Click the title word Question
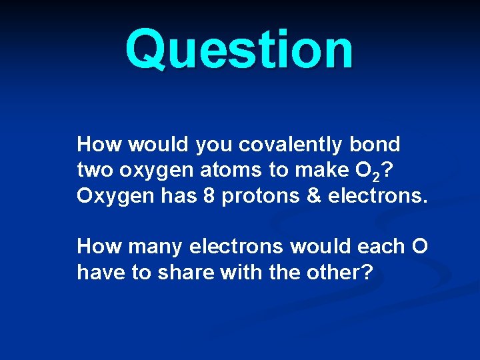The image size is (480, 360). pyautogui.click(x=239, y=51)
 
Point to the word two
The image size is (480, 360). pyautogui.click(x=95, y=171)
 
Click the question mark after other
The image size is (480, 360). pyautogui.click(x=366, y=273)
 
